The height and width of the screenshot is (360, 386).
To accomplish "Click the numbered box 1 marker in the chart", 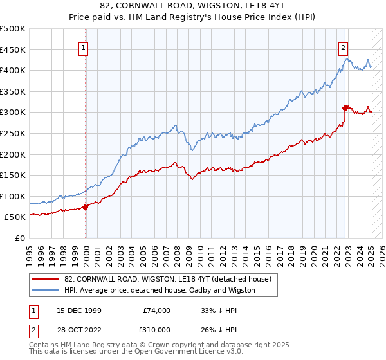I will [84, 47].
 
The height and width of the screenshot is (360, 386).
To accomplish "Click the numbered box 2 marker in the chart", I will [344, 47].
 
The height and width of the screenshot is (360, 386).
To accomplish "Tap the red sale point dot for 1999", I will [86, 207].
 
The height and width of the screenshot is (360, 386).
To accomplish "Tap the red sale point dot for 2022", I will [345, 108].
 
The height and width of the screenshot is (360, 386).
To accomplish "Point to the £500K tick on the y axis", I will [14, 29].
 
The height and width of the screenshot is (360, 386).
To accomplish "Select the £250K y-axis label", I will [14, 133].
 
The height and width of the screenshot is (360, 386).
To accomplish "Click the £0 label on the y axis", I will [19, 238].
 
